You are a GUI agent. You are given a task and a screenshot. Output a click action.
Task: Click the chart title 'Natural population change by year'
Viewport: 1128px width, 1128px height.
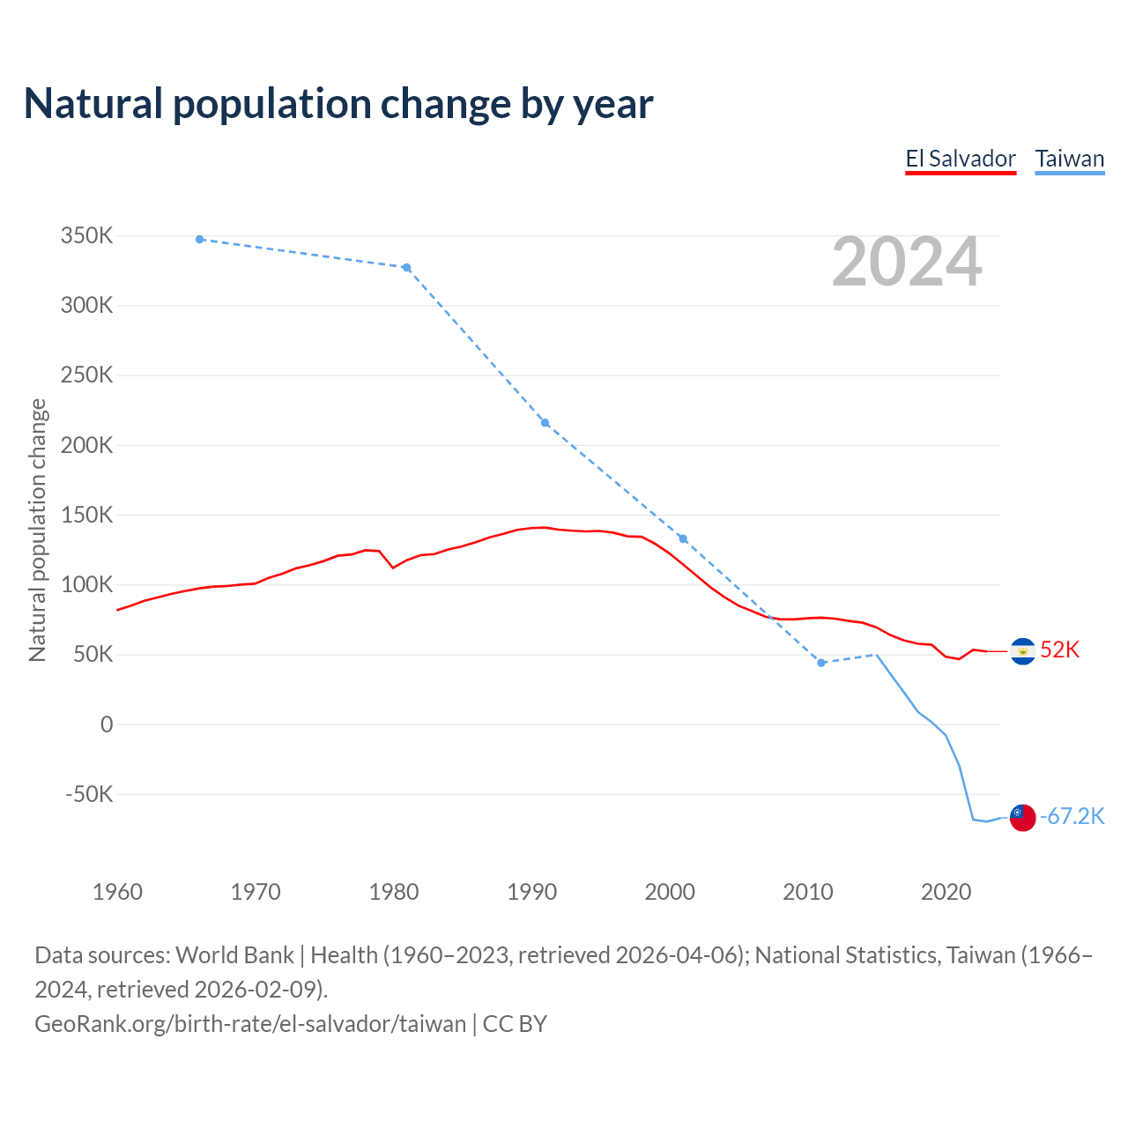[338, 104]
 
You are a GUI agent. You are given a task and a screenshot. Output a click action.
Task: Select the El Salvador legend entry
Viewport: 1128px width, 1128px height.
[961, 159]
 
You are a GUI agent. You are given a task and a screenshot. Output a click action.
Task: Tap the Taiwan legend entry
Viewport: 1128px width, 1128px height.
[1069, 159]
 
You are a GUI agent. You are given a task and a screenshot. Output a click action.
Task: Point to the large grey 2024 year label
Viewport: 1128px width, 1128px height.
[907, 262]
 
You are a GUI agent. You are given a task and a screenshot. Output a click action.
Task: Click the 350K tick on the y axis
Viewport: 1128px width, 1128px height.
[87, 236]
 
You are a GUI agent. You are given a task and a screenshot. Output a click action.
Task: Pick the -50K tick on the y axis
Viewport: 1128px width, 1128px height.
[89, 794]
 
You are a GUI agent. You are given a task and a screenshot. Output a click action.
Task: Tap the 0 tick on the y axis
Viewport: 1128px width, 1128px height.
[107, 724]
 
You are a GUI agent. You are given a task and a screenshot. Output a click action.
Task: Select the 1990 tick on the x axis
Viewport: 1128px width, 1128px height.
[532, 892]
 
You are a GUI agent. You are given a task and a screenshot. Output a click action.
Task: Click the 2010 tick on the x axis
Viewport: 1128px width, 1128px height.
[808, 892]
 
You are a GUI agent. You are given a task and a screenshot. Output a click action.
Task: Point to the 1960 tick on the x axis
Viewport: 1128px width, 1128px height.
[117, 892]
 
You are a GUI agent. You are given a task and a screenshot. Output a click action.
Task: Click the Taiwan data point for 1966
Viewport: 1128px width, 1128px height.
[200, 240]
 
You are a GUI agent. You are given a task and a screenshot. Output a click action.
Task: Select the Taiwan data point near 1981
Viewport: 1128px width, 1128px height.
[406, 268]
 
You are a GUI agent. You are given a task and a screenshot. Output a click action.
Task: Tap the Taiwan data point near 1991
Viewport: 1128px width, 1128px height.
[545, 423]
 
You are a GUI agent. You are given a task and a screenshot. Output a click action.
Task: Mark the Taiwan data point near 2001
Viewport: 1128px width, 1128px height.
[683, 538]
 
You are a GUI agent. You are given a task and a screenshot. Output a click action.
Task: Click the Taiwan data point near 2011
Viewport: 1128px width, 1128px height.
[821, 663]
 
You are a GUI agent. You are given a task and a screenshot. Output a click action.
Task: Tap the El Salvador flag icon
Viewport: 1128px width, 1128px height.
[1022, 651]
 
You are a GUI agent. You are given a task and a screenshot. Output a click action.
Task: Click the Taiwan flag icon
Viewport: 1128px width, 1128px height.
[1022, 818]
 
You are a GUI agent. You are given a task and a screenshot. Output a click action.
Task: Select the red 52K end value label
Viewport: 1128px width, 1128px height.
[1059, 650]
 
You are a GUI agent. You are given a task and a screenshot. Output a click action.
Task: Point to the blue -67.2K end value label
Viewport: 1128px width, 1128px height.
[1072, 817]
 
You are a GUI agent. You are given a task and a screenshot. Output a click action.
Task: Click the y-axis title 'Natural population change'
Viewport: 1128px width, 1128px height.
[38, 530]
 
